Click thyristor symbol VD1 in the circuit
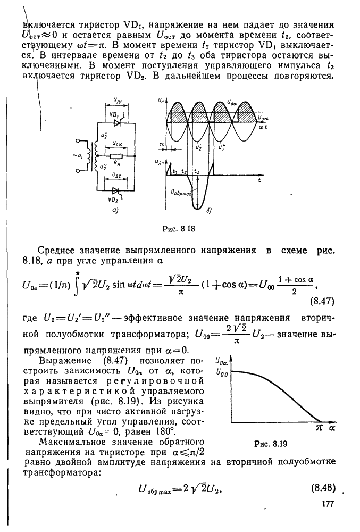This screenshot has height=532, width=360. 116,122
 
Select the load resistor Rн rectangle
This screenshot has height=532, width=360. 116,156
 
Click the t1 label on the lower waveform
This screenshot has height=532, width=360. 174,171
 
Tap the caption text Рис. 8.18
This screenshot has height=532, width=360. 179,230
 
